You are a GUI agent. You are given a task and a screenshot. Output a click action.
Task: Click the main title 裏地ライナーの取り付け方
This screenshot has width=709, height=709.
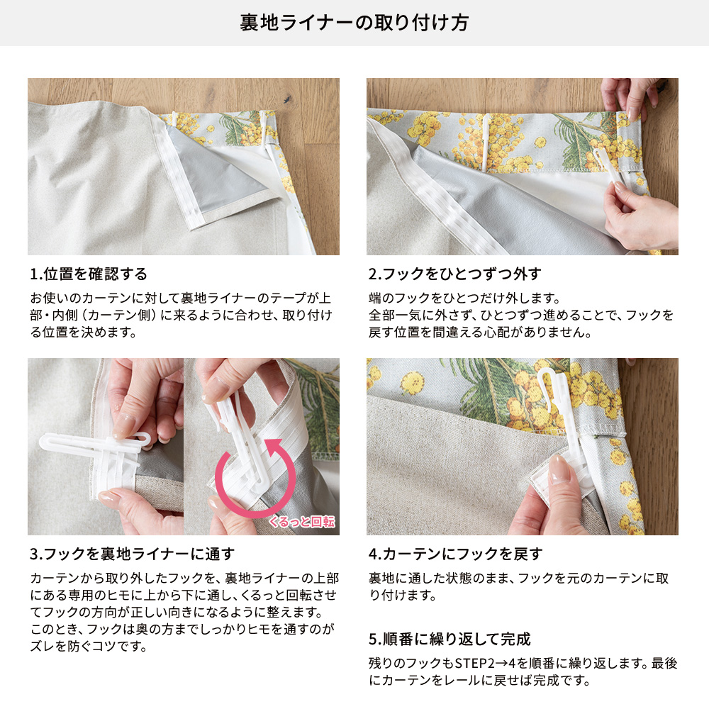354,23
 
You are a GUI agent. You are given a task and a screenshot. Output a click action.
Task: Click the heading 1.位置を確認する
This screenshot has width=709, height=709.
89,274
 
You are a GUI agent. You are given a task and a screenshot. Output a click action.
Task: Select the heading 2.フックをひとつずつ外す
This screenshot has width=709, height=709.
455,274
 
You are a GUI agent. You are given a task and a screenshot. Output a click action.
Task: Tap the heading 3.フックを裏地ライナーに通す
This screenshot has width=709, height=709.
133,554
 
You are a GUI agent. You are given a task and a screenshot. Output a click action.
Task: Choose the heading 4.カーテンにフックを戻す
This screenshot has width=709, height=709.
455,554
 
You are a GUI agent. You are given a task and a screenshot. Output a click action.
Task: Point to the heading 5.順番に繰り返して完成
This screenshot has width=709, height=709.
450,639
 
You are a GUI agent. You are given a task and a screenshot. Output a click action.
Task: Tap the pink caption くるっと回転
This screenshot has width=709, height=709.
302,522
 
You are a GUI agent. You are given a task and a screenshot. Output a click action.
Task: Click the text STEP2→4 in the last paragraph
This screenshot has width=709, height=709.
485,664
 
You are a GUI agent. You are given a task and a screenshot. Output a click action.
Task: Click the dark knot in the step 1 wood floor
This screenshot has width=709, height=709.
286,99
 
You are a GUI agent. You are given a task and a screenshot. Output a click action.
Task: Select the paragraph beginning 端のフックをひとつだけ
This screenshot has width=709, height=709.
521,316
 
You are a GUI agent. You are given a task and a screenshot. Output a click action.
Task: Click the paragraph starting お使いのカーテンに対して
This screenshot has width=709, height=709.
181,316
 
